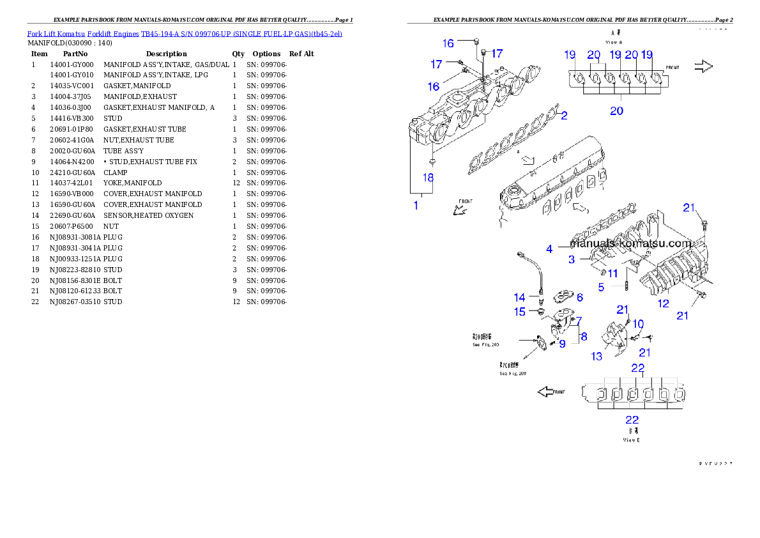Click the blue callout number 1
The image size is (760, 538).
416,205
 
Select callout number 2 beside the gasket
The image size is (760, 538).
564,115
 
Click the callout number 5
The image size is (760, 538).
601,288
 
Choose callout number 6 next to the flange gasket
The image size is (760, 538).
579,297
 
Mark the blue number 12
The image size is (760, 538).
664,304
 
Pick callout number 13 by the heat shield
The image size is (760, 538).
597,357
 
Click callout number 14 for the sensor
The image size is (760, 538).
520,297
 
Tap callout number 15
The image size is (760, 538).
520,312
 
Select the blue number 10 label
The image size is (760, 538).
638,324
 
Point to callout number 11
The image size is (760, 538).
612,273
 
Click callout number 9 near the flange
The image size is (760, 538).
562,344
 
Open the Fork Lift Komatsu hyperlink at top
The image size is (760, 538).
185,33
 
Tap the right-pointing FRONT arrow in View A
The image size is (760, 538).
703,66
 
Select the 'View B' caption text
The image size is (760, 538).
631,440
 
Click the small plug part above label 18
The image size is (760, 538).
433,155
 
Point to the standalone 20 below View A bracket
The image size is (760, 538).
616,111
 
